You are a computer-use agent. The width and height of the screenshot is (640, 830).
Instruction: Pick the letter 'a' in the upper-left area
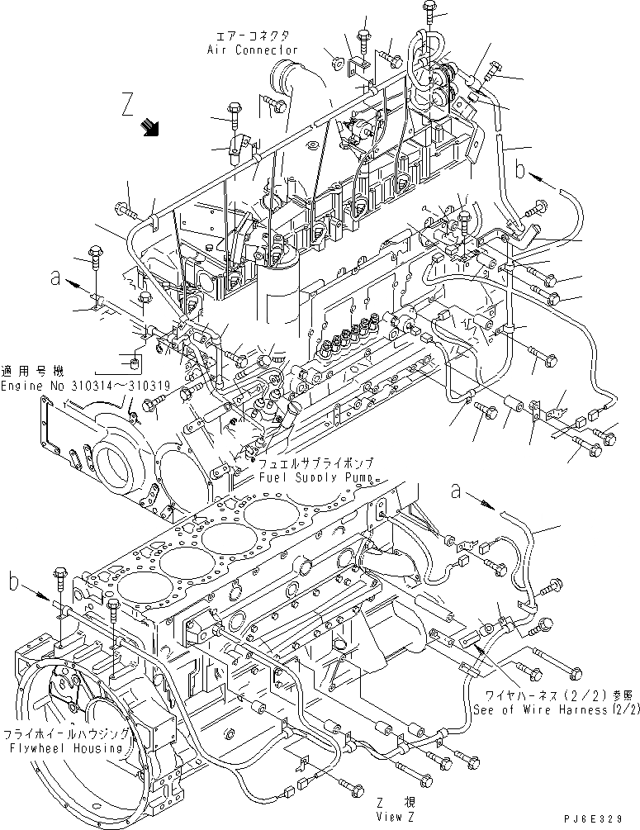point(55,279)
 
